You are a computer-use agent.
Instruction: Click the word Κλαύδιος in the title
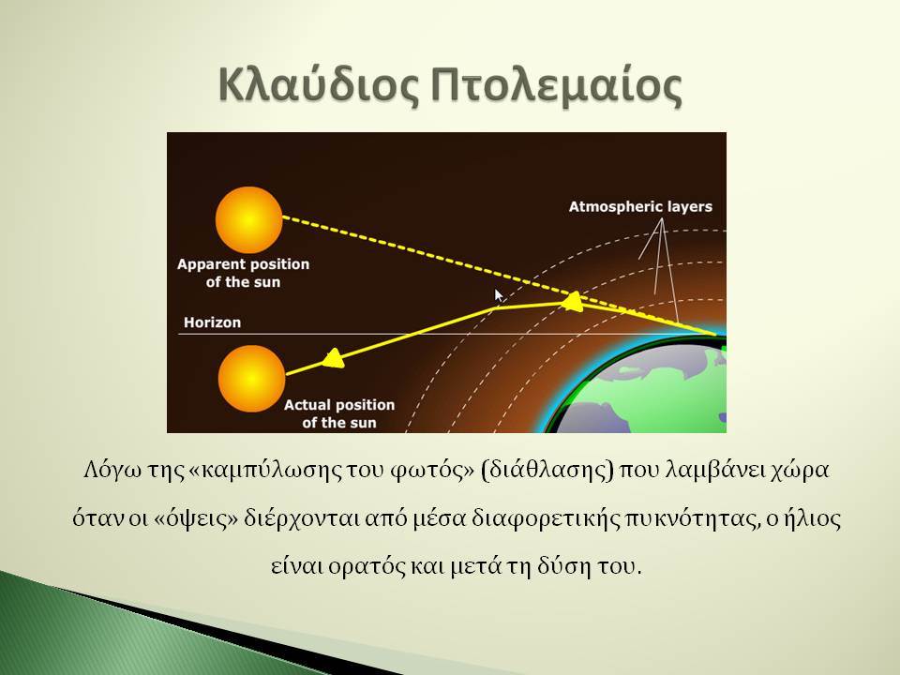[x=319, y=86]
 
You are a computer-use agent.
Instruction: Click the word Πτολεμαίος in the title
[x=557, y=86]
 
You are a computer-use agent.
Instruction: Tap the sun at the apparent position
[x=248, y=219]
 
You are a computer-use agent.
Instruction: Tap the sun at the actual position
[x=251, y=378]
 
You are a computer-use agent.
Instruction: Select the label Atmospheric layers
[x=640, y=206]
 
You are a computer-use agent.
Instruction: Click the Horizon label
[x=213, y=322]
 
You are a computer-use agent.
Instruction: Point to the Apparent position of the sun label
[x=244, y=273]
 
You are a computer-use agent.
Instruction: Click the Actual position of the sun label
[x=339, y=413]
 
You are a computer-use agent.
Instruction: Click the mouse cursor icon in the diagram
[x=499, y=295]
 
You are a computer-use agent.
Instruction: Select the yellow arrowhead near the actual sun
[x=333, y=359]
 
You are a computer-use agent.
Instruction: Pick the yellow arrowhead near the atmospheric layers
[x=572, y=301]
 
